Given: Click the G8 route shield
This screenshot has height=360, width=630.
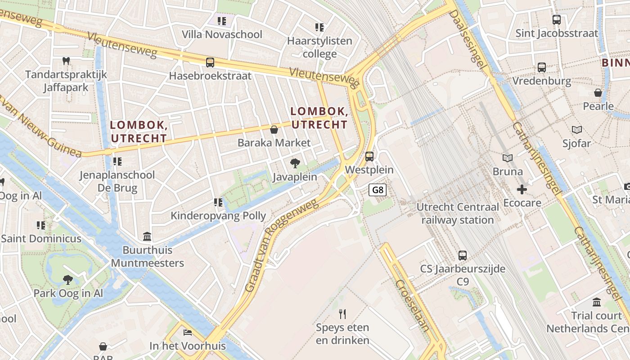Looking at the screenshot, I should (x=378, y=190).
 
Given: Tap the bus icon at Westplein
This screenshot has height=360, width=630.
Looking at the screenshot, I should (x=369, y=157).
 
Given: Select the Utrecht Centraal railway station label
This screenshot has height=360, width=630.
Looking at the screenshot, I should (x=458, y=214).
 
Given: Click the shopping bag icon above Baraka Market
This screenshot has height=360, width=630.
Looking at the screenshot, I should (x=274, y=130).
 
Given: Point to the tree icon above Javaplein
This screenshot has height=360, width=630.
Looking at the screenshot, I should (x=295, y=163).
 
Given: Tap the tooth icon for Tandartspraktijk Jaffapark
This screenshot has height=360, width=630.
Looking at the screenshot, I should (x=66, y=61).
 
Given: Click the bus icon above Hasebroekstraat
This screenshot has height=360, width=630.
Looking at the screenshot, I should (x=210, y=63).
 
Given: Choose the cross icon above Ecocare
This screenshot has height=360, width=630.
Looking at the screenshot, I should (x=522, y=189).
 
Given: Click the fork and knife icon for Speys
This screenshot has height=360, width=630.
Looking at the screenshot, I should (x=342, y=314).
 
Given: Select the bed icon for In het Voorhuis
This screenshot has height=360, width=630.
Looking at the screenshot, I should (x=188, y=333).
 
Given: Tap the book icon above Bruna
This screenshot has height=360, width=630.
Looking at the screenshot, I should (x=508, y=158).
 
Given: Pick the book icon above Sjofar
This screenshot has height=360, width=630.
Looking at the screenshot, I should (x=576, y=130).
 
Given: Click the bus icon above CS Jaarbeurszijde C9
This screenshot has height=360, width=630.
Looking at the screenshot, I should (x=462, y=256).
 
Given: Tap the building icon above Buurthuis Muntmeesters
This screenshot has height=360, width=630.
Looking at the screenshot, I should (x=147, y=236).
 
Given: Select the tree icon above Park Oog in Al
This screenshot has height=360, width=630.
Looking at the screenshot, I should (x=68, y=280).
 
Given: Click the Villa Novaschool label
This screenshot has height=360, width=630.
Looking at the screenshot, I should (x=222, y=34).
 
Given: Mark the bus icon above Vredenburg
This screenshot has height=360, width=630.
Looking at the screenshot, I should (x=542, y=67).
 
